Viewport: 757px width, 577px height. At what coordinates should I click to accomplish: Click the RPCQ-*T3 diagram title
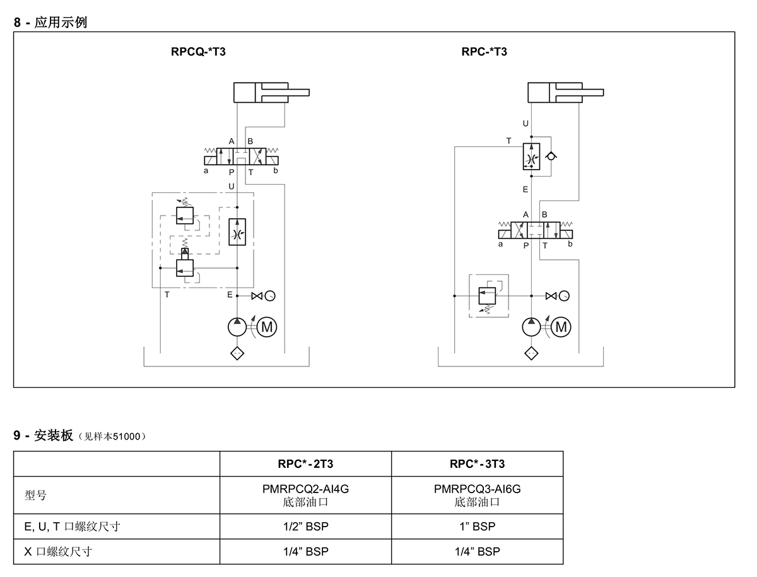198,52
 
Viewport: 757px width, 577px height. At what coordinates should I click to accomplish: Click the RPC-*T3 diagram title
484,52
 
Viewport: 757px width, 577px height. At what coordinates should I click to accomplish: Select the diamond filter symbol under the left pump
237,353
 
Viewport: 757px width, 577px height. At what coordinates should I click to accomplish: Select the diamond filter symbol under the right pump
531,353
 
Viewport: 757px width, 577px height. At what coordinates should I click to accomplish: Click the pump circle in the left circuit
237,327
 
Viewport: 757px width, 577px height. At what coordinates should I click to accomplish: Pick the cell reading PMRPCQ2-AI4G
305,489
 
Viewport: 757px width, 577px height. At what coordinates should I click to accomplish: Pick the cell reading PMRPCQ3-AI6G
477,489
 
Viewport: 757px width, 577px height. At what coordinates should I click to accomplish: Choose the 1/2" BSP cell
305,527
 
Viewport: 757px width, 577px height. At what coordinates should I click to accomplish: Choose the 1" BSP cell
477,527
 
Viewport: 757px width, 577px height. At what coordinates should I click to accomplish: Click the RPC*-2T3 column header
305,464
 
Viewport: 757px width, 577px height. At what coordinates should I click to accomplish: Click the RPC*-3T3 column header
477,464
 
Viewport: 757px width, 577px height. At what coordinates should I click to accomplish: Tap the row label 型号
35,496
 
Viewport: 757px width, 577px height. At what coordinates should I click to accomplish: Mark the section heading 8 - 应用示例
50,23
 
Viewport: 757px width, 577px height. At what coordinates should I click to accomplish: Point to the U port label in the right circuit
525,124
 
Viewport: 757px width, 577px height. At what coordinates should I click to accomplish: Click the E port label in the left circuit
230,294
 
